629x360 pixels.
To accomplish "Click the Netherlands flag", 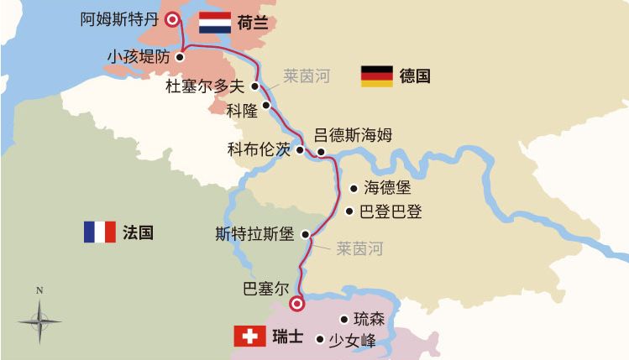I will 214,23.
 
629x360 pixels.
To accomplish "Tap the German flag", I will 377,76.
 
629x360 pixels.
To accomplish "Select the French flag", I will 99,232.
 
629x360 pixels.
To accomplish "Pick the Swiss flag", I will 248,337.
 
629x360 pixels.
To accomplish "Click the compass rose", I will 39,319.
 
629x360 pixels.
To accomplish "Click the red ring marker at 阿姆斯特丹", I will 173,20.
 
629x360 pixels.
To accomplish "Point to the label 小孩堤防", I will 138,57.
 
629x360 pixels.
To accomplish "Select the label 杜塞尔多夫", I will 205,86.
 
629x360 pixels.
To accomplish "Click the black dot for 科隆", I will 267,107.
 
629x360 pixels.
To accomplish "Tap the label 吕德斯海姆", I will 353,134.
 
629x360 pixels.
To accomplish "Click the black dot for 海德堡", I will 352,190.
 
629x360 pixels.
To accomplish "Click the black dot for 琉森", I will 343,319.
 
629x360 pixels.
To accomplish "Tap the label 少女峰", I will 352,340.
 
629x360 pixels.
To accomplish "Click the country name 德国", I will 416,76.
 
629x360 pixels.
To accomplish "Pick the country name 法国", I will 138,232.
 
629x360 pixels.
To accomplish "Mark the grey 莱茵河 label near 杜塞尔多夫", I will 307,77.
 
